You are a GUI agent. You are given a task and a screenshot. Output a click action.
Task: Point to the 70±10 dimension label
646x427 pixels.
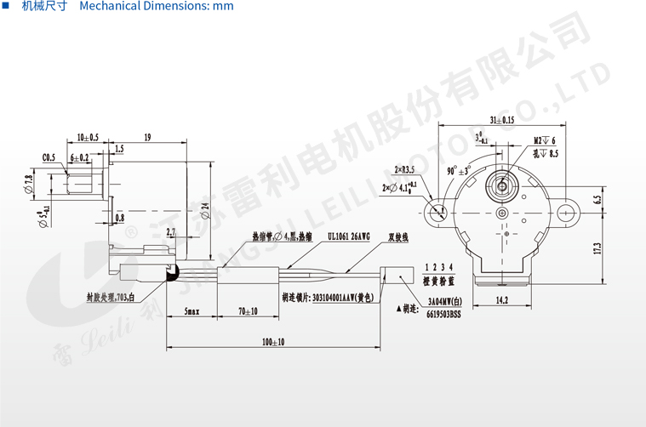(247, 312)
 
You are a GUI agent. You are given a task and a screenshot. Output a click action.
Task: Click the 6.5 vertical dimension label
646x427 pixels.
(598, 201)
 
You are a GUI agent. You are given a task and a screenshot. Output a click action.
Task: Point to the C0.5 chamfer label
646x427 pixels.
(49, 157)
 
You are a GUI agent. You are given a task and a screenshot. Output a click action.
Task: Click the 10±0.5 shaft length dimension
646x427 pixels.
(88, 137)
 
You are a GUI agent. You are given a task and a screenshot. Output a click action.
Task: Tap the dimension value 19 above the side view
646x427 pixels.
(148, 137)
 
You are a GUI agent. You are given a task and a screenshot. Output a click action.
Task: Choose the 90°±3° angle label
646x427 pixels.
(458, 171)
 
